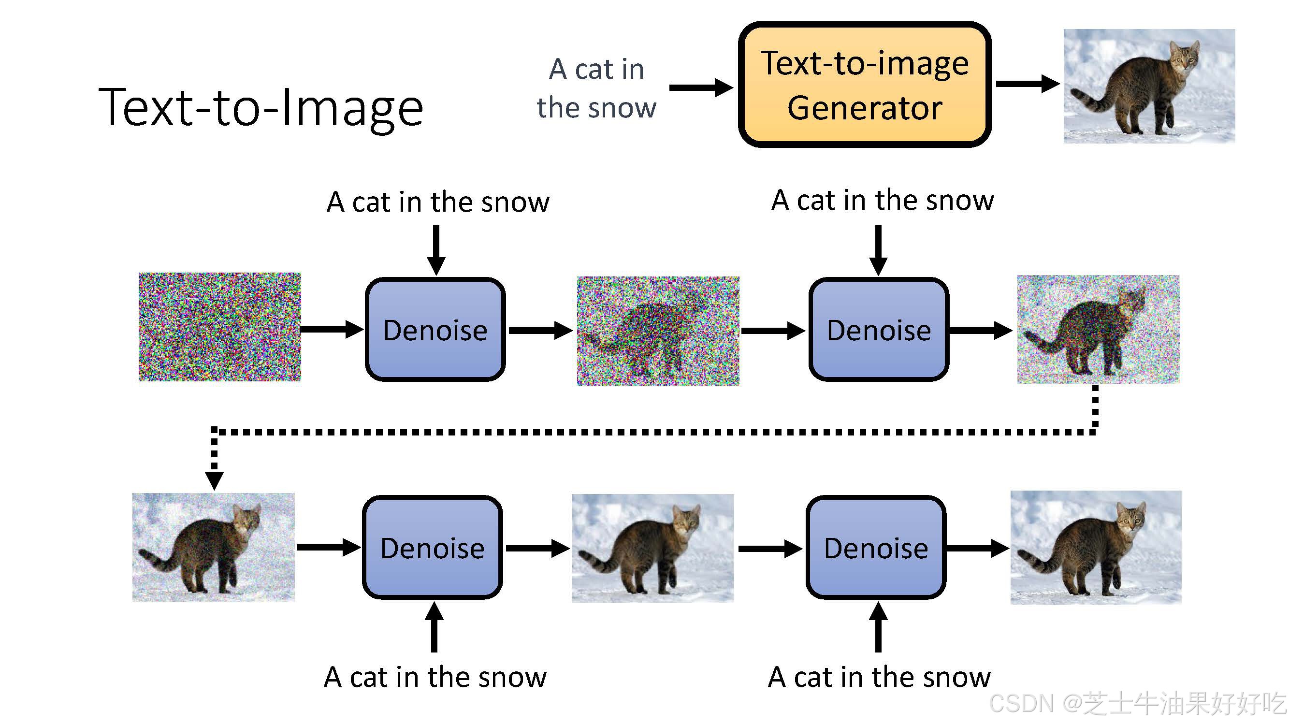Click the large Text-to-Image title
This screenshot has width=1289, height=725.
click(x=261, y=107)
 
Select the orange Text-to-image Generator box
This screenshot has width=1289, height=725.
click(x=864, y=85)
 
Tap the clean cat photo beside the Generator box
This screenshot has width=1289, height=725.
click(x=1149, y=86)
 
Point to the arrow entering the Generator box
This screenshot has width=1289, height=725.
click(x=700, y=87)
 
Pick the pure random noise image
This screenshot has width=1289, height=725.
click(x=220, y=327)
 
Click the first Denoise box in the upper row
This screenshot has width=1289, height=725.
click(x=435, y=329)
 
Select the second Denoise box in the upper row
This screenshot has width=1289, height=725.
click(x=878, y=329)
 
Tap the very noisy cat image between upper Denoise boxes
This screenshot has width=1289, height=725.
click(x=657, y=331)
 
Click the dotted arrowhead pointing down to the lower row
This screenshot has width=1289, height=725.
click(x=214, y=480)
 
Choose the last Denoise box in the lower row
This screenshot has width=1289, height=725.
click(x=876, y=548)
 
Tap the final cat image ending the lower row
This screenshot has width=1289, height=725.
click(x=1095, y=548)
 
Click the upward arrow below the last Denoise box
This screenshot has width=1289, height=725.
click(x=878, y=626)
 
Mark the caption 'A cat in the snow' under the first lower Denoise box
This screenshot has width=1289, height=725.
click(x=435, y=677)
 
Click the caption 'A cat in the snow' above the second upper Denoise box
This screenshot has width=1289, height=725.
click(x=882, y=200)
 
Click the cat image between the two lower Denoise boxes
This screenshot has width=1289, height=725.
click(x=652, y=548)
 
